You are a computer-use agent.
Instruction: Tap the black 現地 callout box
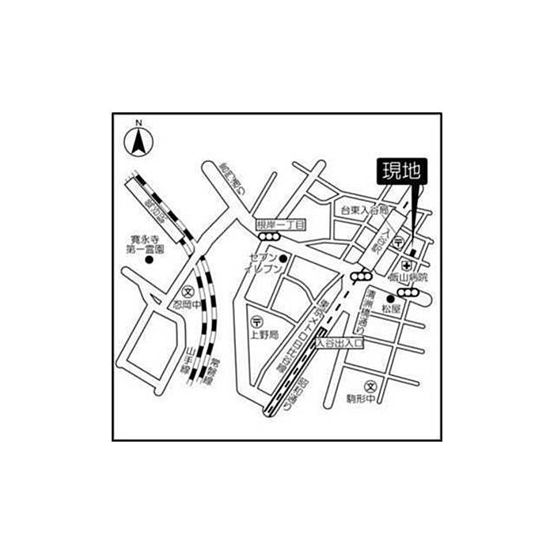[x=400, y=171]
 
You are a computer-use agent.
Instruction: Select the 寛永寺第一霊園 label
[x=146, y=243]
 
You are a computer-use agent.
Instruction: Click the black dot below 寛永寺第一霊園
[x=149, y=262]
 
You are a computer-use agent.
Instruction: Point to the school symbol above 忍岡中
[x=188, y=291]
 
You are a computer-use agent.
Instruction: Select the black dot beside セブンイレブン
[x=283, y=258]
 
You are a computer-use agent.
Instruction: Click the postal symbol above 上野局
[x=256, y=322]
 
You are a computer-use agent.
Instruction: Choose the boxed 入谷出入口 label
[x=340, y=344]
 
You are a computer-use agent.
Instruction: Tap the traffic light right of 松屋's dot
[x=416, y=297]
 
